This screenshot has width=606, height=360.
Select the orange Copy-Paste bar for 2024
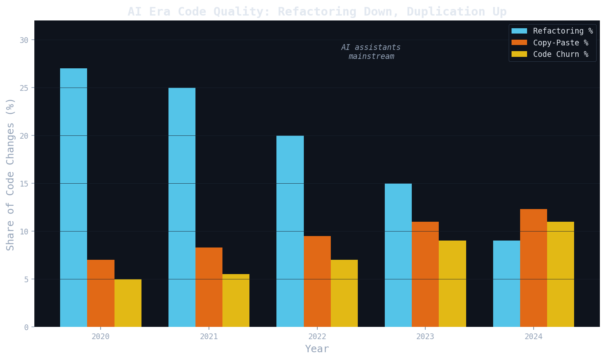534,268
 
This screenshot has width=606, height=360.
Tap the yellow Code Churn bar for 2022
344,293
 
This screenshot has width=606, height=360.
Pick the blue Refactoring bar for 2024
507,284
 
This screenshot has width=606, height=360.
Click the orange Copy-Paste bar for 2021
209,287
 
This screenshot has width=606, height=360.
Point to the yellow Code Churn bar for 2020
128,303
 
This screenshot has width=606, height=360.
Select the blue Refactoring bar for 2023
398,255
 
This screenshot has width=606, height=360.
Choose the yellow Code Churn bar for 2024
561,274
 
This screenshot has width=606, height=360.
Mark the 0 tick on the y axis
26,327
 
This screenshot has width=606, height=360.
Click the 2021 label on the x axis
209,337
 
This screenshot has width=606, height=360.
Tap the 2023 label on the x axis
425,337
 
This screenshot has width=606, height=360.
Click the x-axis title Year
317,349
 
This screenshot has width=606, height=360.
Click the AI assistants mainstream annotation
371,52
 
